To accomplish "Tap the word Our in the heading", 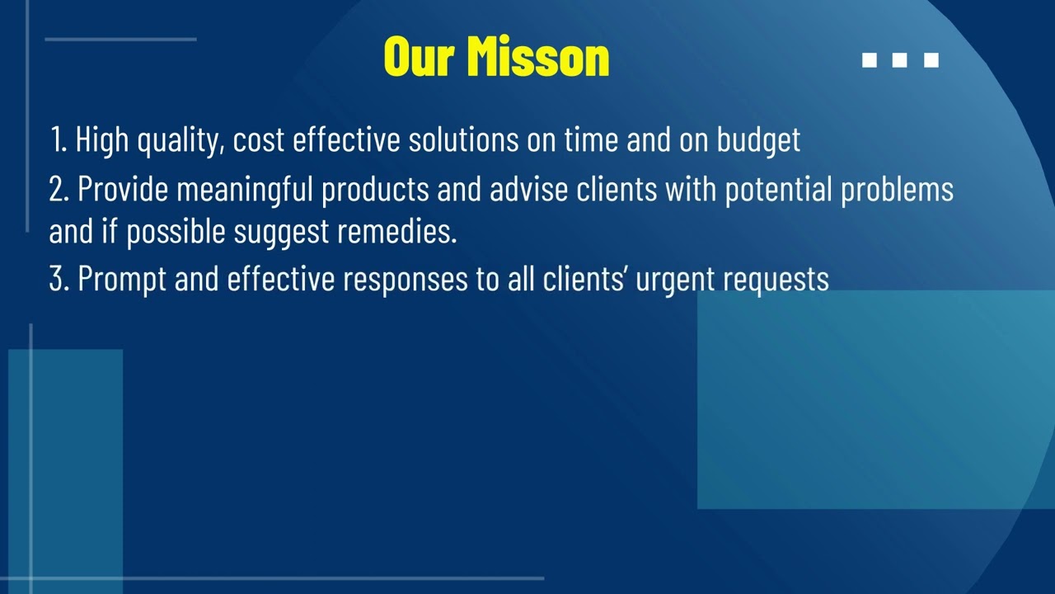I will pyautogui.click(x=420, y=57).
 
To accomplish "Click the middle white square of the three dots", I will pyautogui.click(x=900, y=60).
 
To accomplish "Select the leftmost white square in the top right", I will pyautogui.click(x=869, y=60).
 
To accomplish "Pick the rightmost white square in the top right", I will pyautogui.click(x=931, y=60).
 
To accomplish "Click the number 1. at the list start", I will pyautogui.click(x=59, y=140).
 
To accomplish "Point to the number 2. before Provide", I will pyautogui.click(x=59, y=190).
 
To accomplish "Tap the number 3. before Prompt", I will pyautogui.click(x=59, y=280).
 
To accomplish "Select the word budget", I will pyautogui.click(x=758, y=141).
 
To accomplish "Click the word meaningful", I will pyautogui.click(x=245, y=191).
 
